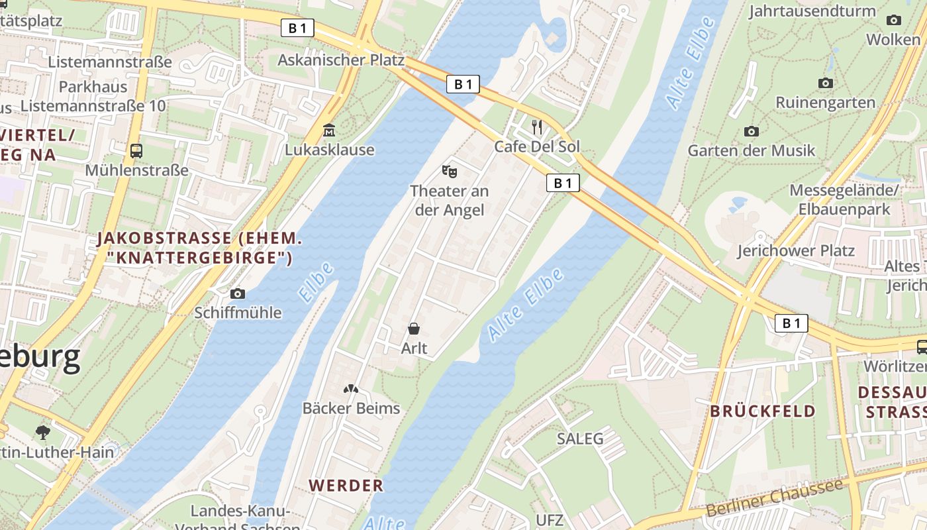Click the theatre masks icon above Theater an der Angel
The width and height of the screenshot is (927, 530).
tap(450, 172)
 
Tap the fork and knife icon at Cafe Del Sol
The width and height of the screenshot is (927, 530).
tap(537, 127)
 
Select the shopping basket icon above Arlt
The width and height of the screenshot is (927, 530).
tap(414, 328)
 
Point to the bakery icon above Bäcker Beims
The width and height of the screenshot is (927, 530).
tap(351, 389)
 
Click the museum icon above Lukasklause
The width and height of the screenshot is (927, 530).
tap(329, 130)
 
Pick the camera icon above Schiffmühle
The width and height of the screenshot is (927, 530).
tap(238, 293)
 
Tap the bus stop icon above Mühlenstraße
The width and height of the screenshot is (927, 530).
tap(136, 150)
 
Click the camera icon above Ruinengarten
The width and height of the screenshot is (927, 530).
tap(825, 83)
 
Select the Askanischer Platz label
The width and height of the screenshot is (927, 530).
tap(340, 60)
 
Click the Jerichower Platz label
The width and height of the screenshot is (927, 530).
tap(796, 251)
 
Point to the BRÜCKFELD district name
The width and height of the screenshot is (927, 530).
tap(763, 411)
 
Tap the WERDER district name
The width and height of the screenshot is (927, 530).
tap(346, 486)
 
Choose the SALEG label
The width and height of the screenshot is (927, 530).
tap(580, 439)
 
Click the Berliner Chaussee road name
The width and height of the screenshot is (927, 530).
tap(775, 498)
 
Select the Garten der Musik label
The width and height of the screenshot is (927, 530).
tap(752, 150)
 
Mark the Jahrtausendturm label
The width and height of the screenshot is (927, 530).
tap(812, 11)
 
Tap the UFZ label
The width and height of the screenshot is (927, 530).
tap(550, 520)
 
